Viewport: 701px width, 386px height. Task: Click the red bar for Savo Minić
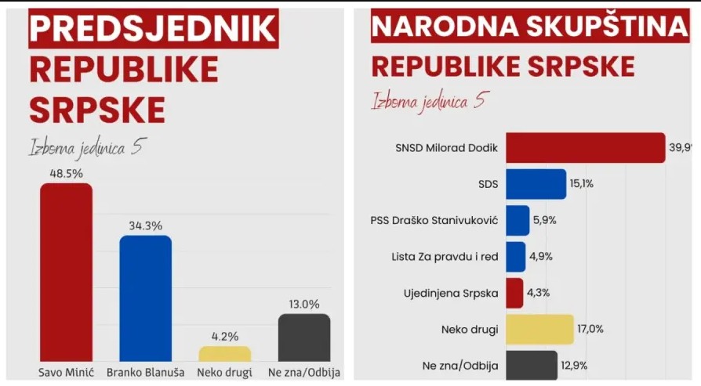pyautogui.click(x=66, y=272)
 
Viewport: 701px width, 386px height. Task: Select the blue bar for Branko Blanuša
pyautogui.click(x=145, y=298)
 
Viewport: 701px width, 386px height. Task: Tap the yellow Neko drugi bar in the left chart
pyautogui.click(x=225, y=354)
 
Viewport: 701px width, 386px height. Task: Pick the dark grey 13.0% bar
pyautogui.click(x=304, y=337)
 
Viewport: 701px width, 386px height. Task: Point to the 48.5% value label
pyautogui.click(x=66, y=173)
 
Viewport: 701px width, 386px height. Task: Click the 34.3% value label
pyautogui.click(x=145, y=225)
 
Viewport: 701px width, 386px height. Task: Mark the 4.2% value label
pyautogui.click(x=225, y=336)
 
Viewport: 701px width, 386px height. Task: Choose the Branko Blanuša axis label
pyautogui.click(x=145, y=372)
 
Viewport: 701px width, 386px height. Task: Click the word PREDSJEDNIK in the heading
pyautogui.click(x=154, y=28)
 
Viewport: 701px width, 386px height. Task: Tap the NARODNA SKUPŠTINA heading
pyautogui.click(x=530, y=26)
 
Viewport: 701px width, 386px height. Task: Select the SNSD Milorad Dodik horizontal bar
pyautogui.click(x=586, y=148)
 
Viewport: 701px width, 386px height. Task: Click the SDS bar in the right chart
pyautogui.click(x=536, y=184)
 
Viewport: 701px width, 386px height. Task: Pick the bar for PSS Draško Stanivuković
pyautogui.click(x=518, y=221)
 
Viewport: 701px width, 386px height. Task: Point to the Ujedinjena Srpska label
pyautogui.click(x=451, y=293)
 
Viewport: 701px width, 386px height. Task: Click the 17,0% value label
pyautogui.click(x=590, y=329)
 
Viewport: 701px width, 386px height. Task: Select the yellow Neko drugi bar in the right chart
pyautogui.click(x=539, y=330)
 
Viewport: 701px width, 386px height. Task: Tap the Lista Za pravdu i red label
pyautogui.click(x=445, y=257)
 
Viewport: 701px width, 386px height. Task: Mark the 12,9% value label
pyautogui.click(x=574, y=366)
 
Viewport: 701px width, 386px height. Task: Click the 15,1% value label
pyautogui.click(x=582, y=183)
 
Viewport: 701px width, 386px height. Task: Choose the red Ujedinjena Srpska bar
pyautogui.click(x=514, y=293)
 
